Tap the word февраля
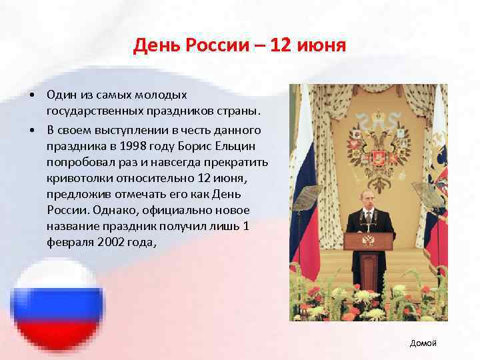(x=69, y=243)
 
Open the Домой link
(x=423, y=343)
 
